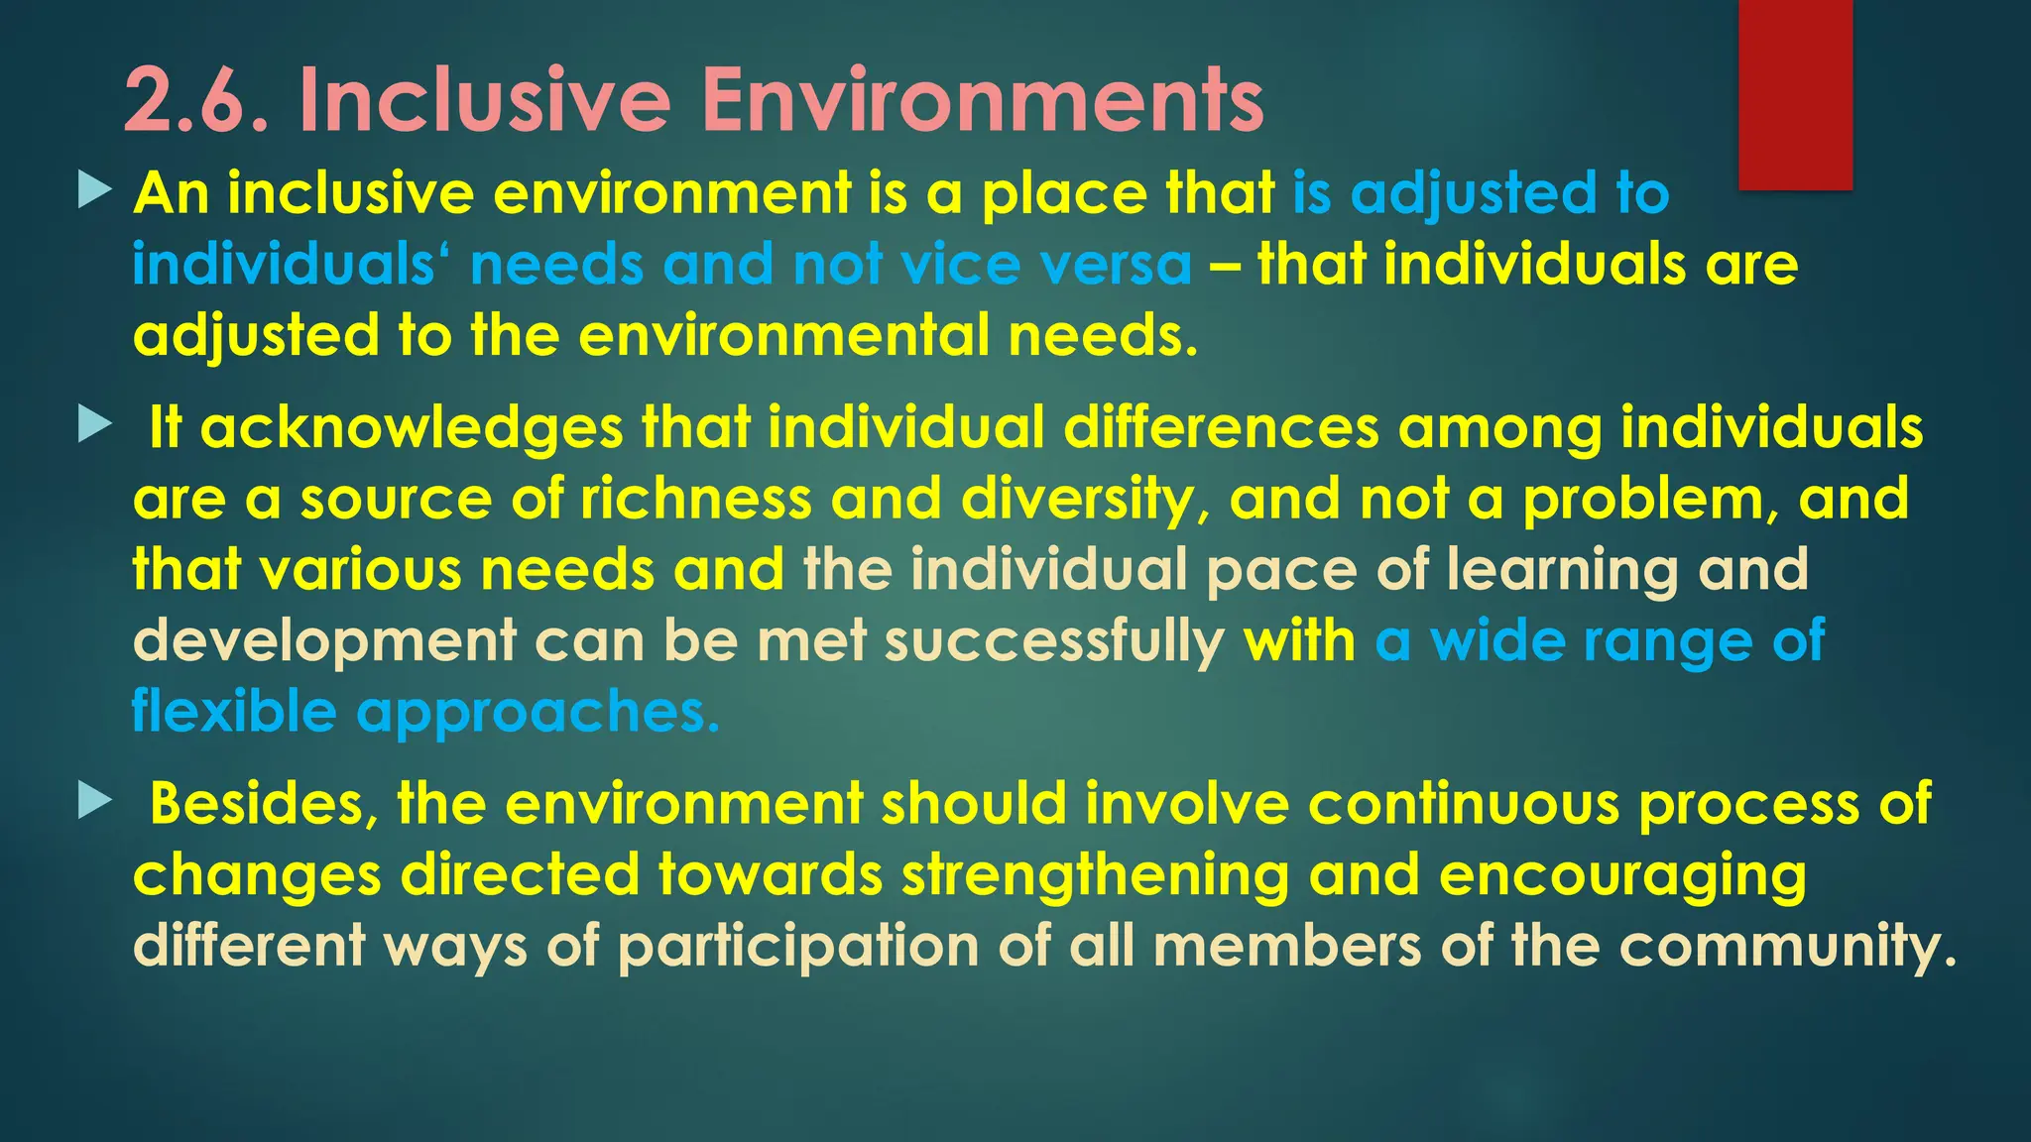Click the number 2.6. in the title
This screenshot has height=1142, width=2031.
tap(195, 101)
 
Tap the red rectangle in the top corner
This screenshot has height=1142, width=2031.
tap(1795, 94)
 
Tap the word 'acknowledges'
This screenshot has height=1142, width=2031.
tap(412, 428)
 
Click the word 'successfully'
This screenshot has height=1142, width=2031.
tap(1054, 642)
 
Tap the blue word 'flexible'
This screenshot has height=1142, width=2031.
tap(234, 712)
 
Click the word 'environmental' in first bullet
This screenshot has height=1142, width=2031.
tap(783, 336)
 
